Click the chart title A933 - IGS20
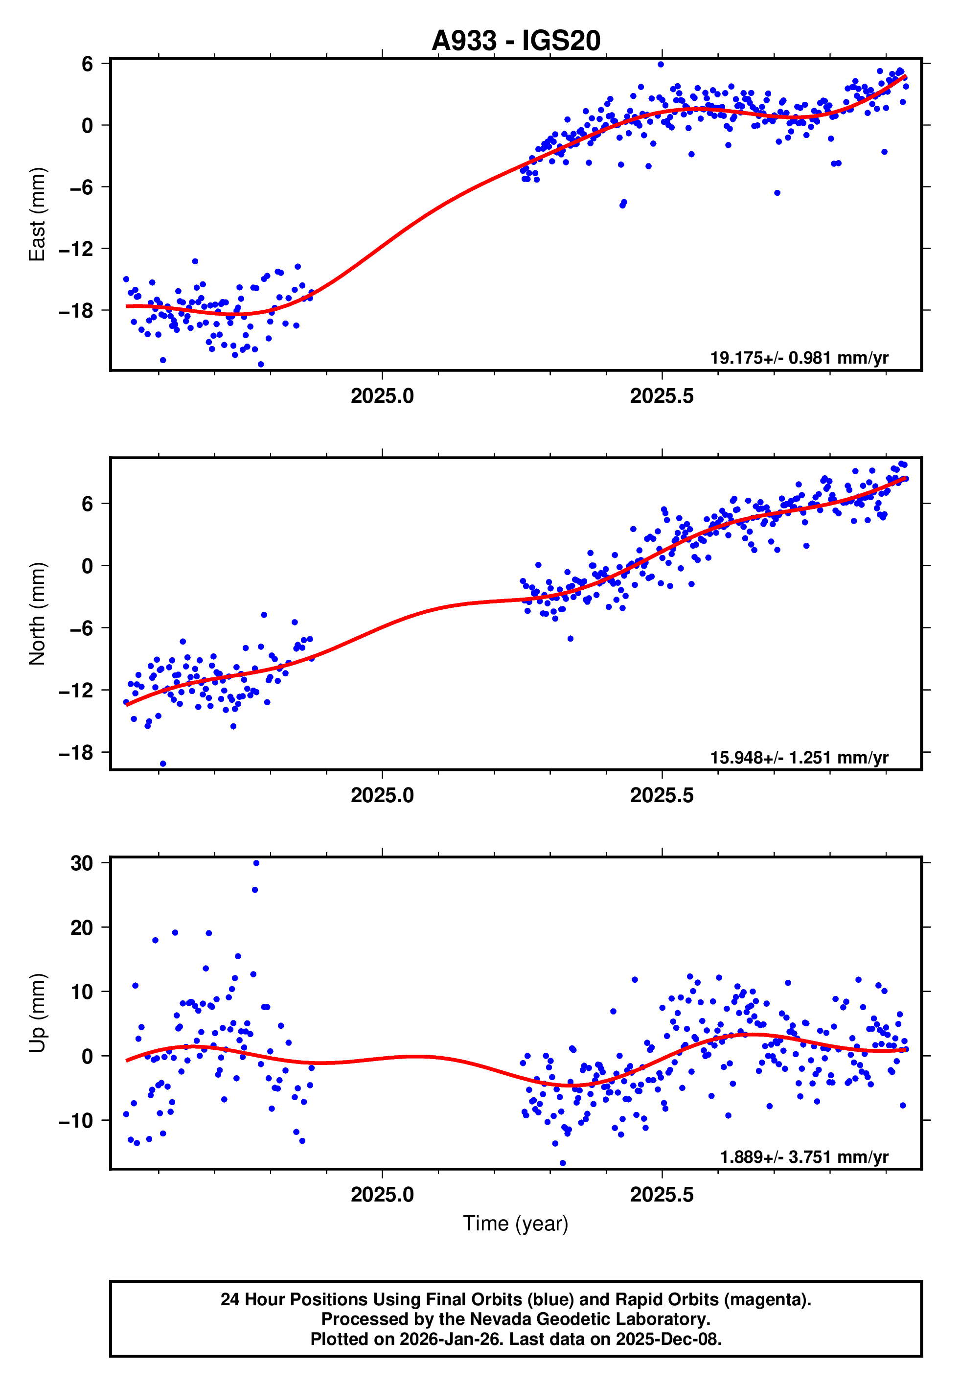click(516, 41)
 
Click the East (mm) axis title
click(37, 215)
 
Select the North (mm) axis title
click(37, 614)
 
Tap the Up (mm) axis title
click(37, 1013)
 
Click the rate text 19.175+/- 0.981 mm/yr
click(799, 358)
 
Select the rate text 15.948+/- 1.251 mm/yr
click(799, 757)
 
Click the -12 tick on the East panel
click(76, 249)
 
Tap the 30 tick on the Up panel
click(82, 863)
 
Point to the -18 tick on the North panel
click(76, 752)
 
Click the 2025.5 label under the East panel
click(662, 396)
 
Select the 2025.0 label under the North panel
click(382, 795)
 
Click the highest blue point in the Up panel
click(256, 863)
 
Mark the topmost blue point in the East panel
click(661, 64)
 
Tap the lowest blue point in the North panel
click(163, 764)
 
